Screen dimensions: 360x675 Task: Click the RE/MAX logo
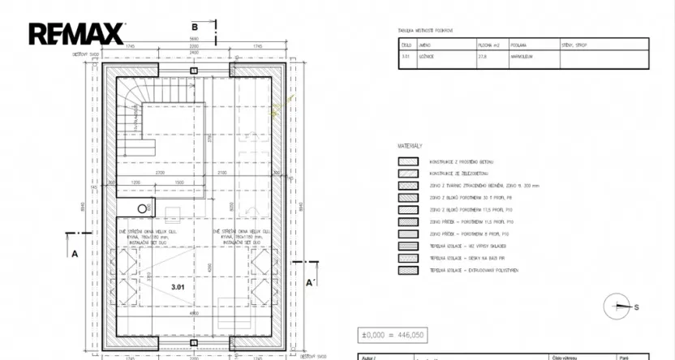(x=76, y=33)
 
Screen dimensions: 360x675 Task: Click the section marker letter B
(x=195, y=27)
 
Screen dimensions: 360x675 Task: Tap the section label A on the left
(x=75, y=253)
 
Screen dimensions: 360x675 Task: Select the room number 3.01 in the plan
(x=178, y=286)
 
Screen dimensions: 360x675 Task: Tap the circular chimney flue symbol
(x=143, y=209)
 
